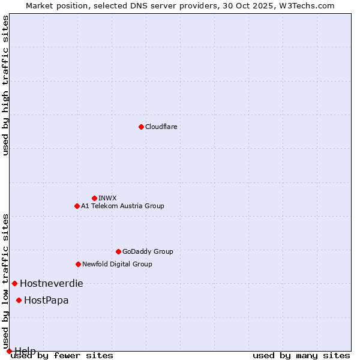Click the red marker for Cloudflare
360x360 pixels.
(141, 127)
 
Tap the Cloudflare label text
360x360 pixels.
(161, 127)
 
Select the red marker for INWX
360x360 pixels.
(94, 198)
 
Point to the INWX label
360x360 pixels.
(107, 198)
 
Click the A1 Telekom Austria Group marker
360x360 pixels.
(77, 206)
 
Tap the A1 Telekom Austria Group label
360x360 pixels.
(122, 206)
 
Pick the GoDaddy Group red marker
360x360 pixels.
(118, 251)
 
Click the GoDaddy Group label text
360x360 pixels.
(148, 251)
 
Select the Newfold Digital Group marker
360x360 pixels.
(78, 264)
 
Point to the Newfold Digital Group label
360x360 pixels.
(117, 264)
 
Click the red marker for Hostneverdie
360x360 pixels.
(14, 283)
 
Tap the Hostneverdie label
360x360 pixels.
(52, 283)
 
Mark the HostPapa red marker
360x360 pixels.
(19, 300)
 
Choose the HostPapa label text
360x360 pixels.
(46, 300)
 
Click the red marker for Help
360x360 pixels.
(9, 351)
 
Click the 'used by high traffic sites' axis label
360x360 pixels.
(6, 85)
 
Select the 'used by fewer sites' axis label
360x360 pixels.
(62, 356)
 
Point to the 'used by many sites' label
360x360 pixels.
(301, 356)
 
